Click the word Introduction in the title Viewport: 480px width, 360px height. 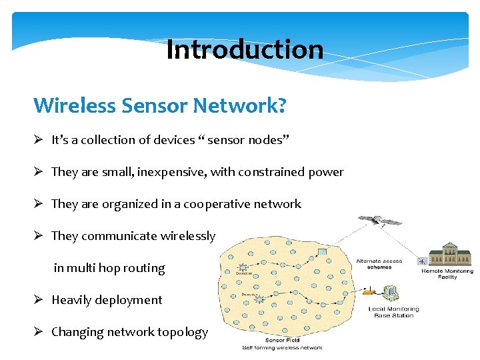[x=245, y=49]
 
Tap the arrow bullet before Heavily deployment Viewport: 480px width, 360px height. [x=39, y=300]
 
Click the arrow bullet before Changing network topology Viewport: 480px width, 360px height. [x=39, y=332]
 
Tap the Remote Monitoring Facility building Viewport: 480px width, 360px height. [x=450, y=253]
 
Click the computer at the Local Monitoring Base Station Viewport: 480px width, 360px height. [x=392, y=293]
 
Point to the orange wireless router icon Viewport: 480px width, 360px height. [x=367, y=291]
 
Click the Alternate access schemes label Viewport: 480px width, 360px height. [x=379, y=263]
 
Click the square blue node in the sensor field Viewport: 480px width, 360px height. [x=323, y=251]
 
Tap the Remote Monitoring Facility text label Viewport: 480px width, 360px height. [x=447, y=274]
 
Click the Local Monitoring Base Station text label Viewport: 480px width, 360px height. [x=393, y=312]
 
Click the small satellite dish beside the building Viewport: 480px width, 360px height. [x=421, y=261]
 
